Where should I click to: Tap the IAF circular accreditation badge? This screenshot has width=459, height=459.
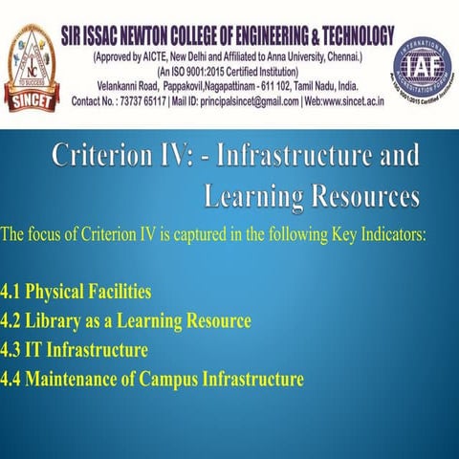click(x=423, y=67)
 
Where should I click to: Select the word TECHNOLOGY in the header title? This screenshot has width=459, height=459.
click(x=342, y=36)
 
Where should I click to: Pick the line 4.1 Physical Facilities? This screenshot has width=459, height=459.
click(x=76, y=289)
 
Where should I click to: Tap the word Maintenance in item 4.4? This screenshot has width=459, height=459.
click(x=75, y=379)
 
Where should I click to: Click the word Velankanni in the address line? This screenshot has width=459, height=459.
click(x=101, y=85)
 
